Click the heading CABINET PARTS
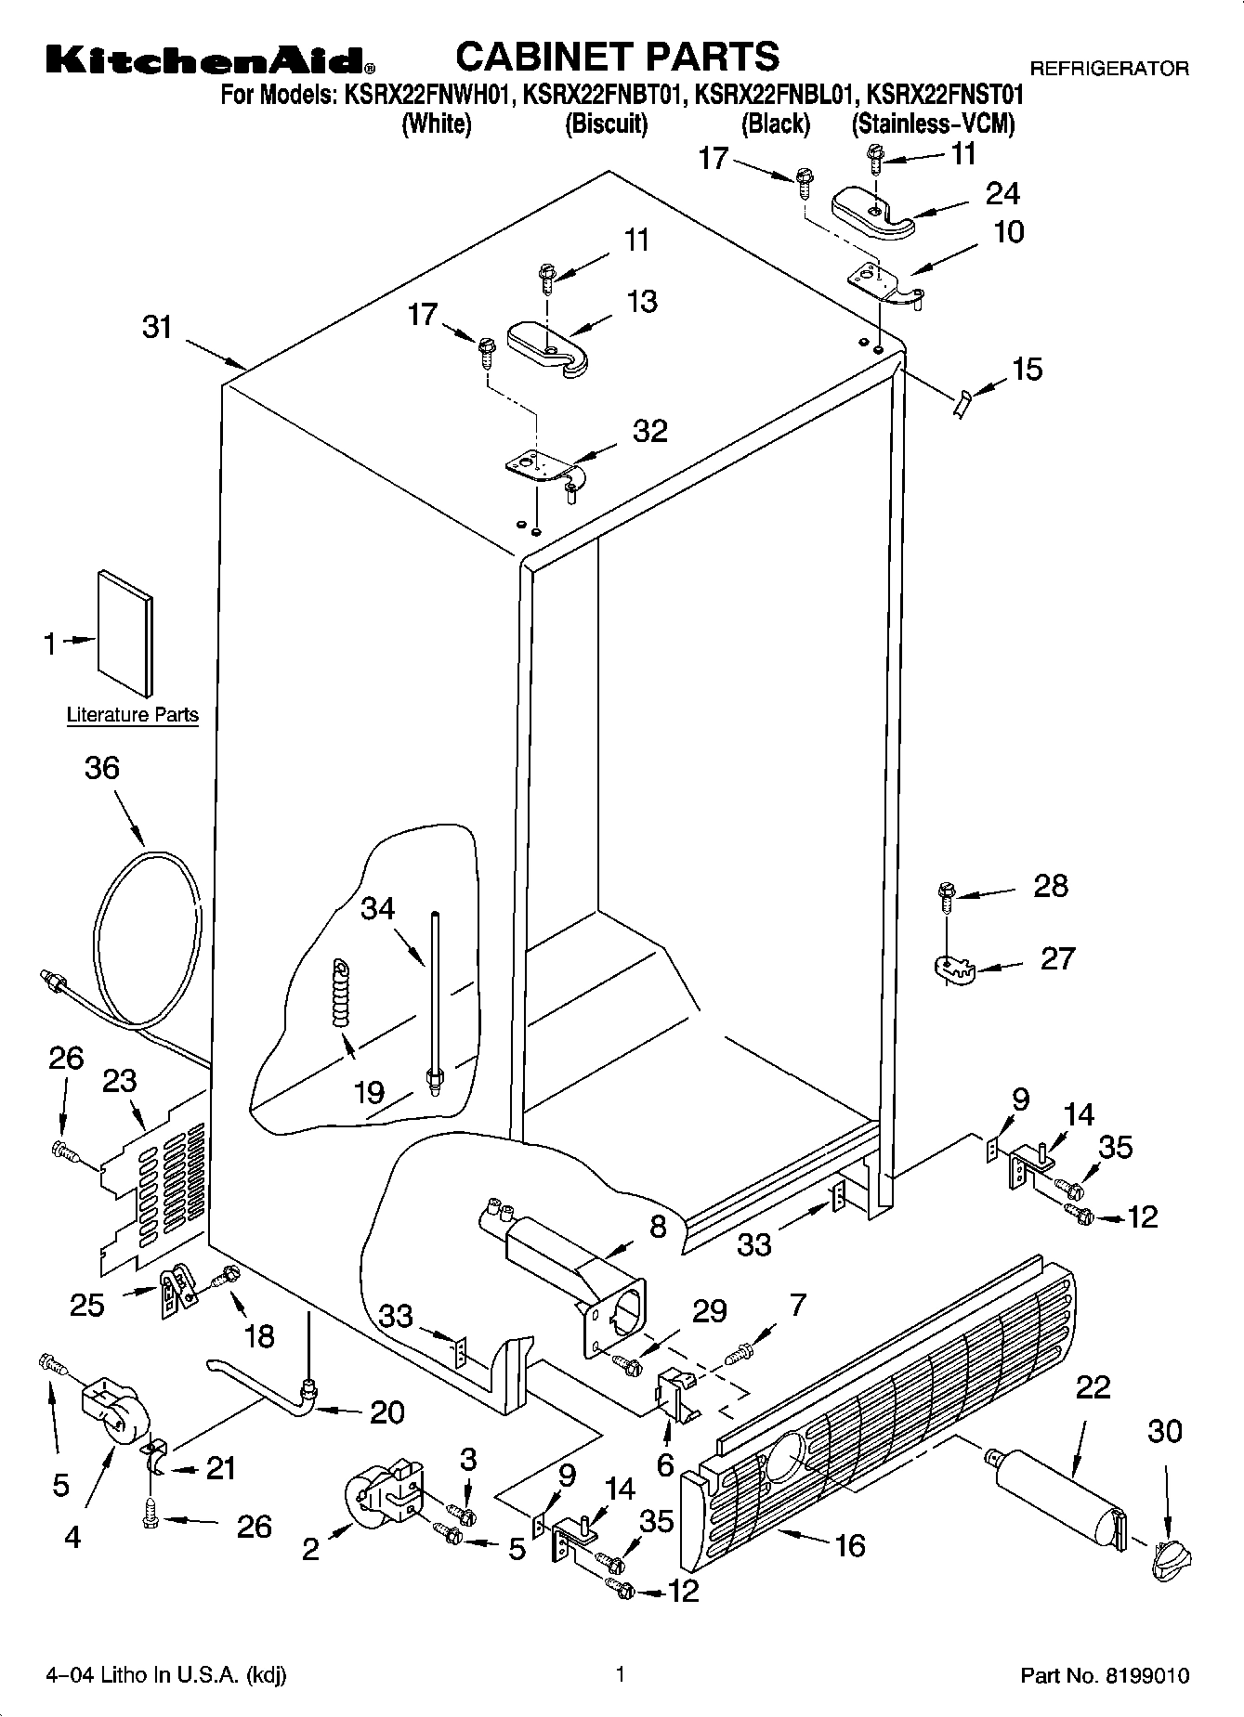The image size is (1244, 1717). click(x=617, y=57)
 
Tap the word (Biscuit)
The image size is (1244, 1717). click(x=606, y=124)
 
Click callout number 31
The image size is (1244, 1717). click(x=158, y=327)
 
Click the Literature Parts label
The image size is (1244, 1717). click(x=133, y=715)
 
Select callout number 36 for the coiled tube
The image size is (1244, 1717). click(x=102, y=768)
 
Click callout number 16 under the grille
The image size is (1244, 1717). click(x=849, y=1545)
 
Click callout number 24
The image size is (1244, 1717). click(x=1002, y=193)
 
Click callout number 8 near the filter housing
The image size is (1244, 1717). click(x=658, y=1227)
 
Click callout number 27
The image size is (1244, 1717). click(x=1057, y=957)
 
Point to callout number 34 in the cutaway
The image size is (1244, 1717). click(x=378, y=908)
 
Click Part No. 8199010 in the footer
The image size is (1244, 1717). click(x=1105, y=1676)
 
